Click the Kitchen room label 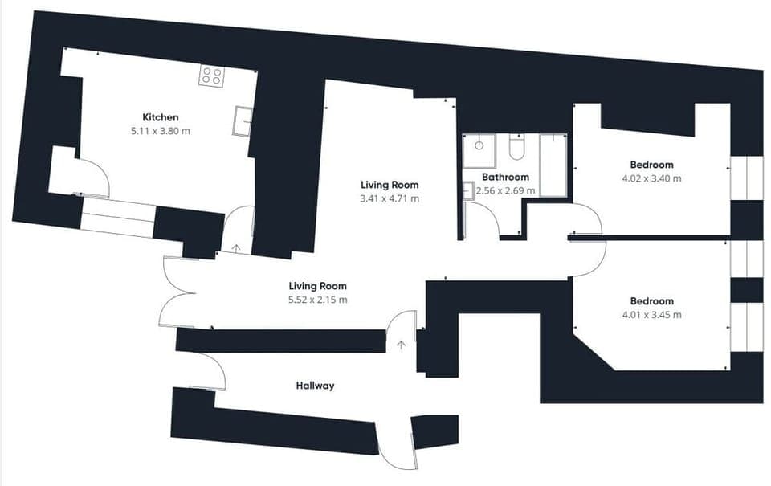(x=160, y=117)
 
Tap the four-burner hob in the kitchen (x=212, y=76)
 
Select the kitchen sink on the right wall (x=243, y=120)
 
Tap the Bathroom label (x=505, y=178)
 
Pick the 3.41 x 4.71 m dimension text (x=390, y=198)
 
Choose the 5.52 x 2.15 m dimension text (x=318, y=300)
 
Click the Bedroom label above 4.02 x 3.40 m (x=651, y=165)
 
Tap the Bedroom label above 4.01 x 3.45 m (x=651, y=301)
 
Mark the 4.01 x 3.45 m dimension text (x=651, y=315)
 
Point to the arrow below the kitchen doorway (x=235, y=247)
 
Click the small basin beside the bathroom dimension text (x=468, y=190)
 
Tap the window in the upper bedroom (x=739, y=178)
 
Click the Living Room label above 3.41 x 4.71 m (x=390, y=185)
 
